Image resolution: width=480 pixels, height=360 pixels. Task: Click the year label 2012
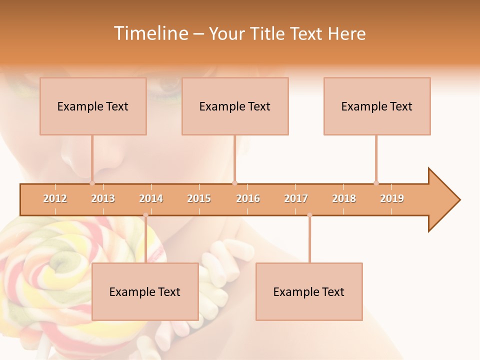(55, 198)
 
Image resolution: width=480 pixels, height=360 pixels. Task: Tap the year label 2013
(103, 198)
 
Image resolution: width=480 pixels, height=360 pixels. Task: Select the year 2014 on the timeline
(151, 198)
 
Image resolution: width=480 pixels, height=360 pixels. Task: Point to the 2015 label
(199, 198)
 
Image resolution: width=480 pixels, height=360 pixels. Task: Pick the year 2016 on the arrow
(248, 198)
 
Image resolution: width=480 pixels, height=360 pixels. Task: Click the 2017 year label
(296, 198)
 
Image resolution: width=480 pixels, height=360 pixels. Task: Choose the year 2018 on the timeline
(344, 198)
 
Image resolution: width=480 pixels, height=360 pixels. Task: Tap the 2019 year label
(392, 198)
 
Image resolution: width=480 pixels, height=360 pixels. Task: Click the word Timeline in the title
(150, 33)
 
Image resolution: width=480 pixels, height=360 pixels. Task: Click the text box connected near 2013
(93, 106)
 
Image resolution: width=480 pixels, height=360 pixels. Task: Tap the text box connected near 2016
(235, 106)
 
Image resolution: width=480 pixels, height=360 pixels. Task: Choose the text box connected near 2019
(377, 106)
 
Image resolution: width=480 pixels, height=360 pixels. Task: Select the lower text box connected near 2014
(145, 291)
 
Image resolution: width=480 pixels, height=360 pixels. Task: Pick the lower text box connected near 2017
(309, 291)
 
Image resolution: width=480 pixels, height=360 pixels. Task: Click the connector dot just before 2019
(376, 183)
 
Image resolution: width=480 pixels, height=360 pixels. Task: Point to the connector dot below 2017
(309, 215)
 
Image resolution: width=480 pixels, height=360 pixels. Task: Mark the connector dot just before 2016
(234, 183)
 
